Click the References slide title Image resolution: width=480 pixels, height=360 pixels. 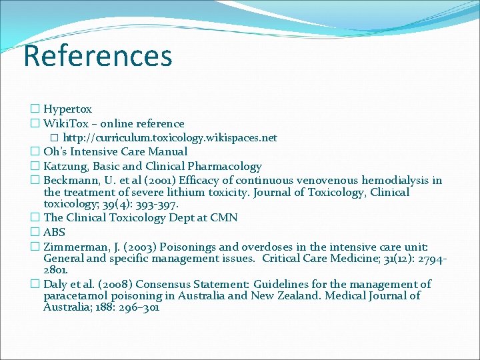click(x=97, y=56)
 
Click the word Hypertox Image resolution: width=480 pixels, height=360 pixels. click(x=67, y=109)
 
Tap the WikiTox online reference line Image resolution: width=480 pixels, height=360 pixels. click(x=113, y=123)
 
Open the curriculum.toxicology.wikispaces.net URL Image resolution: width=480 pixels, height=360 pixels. click(x=169, y=138)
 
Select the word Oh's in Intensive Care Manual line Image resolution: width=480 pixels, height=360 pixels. click(x=55, y=152)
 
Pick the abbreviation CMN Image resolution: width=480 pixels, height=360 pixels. click(x=223, y=218)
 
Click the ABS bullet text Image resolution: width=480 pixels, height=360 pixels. click(x=54, y=232)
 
